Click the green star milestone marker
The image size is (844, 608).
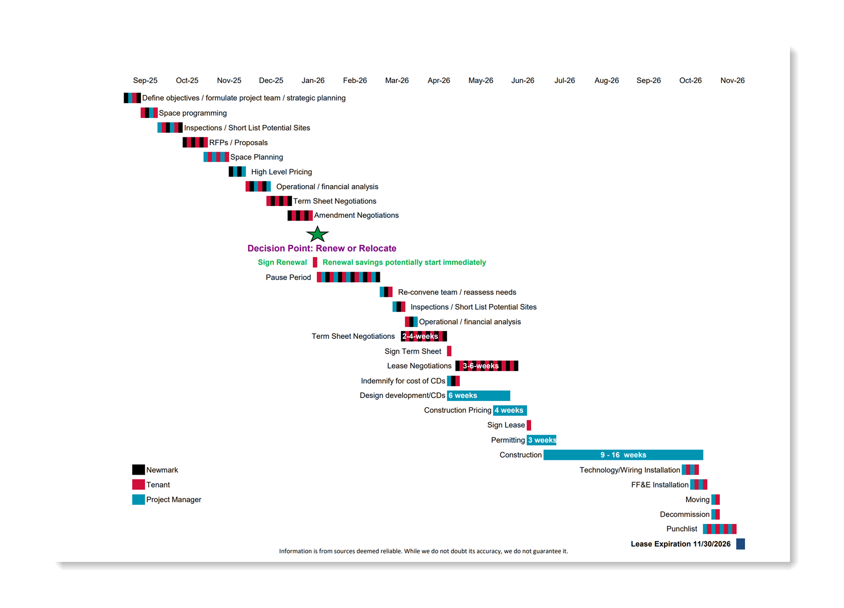317,234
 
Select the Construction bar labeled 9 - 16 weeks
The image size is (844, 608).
623,455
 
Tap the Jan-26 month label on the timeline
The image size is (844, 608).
313,80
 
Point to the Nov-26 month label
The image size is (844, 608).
732,80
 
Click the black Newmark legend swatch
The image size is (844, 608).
138,470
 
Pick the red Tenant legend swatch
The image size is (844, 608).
138,484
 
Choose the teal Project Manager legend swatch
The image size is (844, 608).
138,499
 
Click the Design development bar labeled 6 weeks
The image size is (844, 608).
478,395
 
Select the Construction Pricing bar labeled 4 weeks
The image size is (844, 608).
510,410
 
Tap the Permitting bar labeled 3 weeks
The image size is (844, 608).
541,440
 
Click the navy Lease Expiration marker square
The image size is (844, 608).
740,544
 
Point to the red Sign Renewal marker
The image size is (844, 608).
315,262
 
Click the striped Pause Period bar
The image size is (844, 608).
348,277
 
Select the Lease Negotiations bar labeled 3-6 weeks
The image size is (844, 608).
487,366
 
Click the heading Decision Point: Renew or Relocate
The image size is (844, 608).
321,248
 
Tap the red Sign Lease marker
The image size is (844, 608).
529,425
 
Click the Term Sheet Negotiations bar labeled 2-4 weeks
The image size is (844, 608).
424,336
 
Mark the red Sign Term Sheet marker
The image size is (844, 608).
449,351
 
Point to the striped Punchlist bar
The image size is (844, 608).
719,529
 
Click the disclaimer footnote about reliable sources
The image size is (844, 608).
423,551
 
